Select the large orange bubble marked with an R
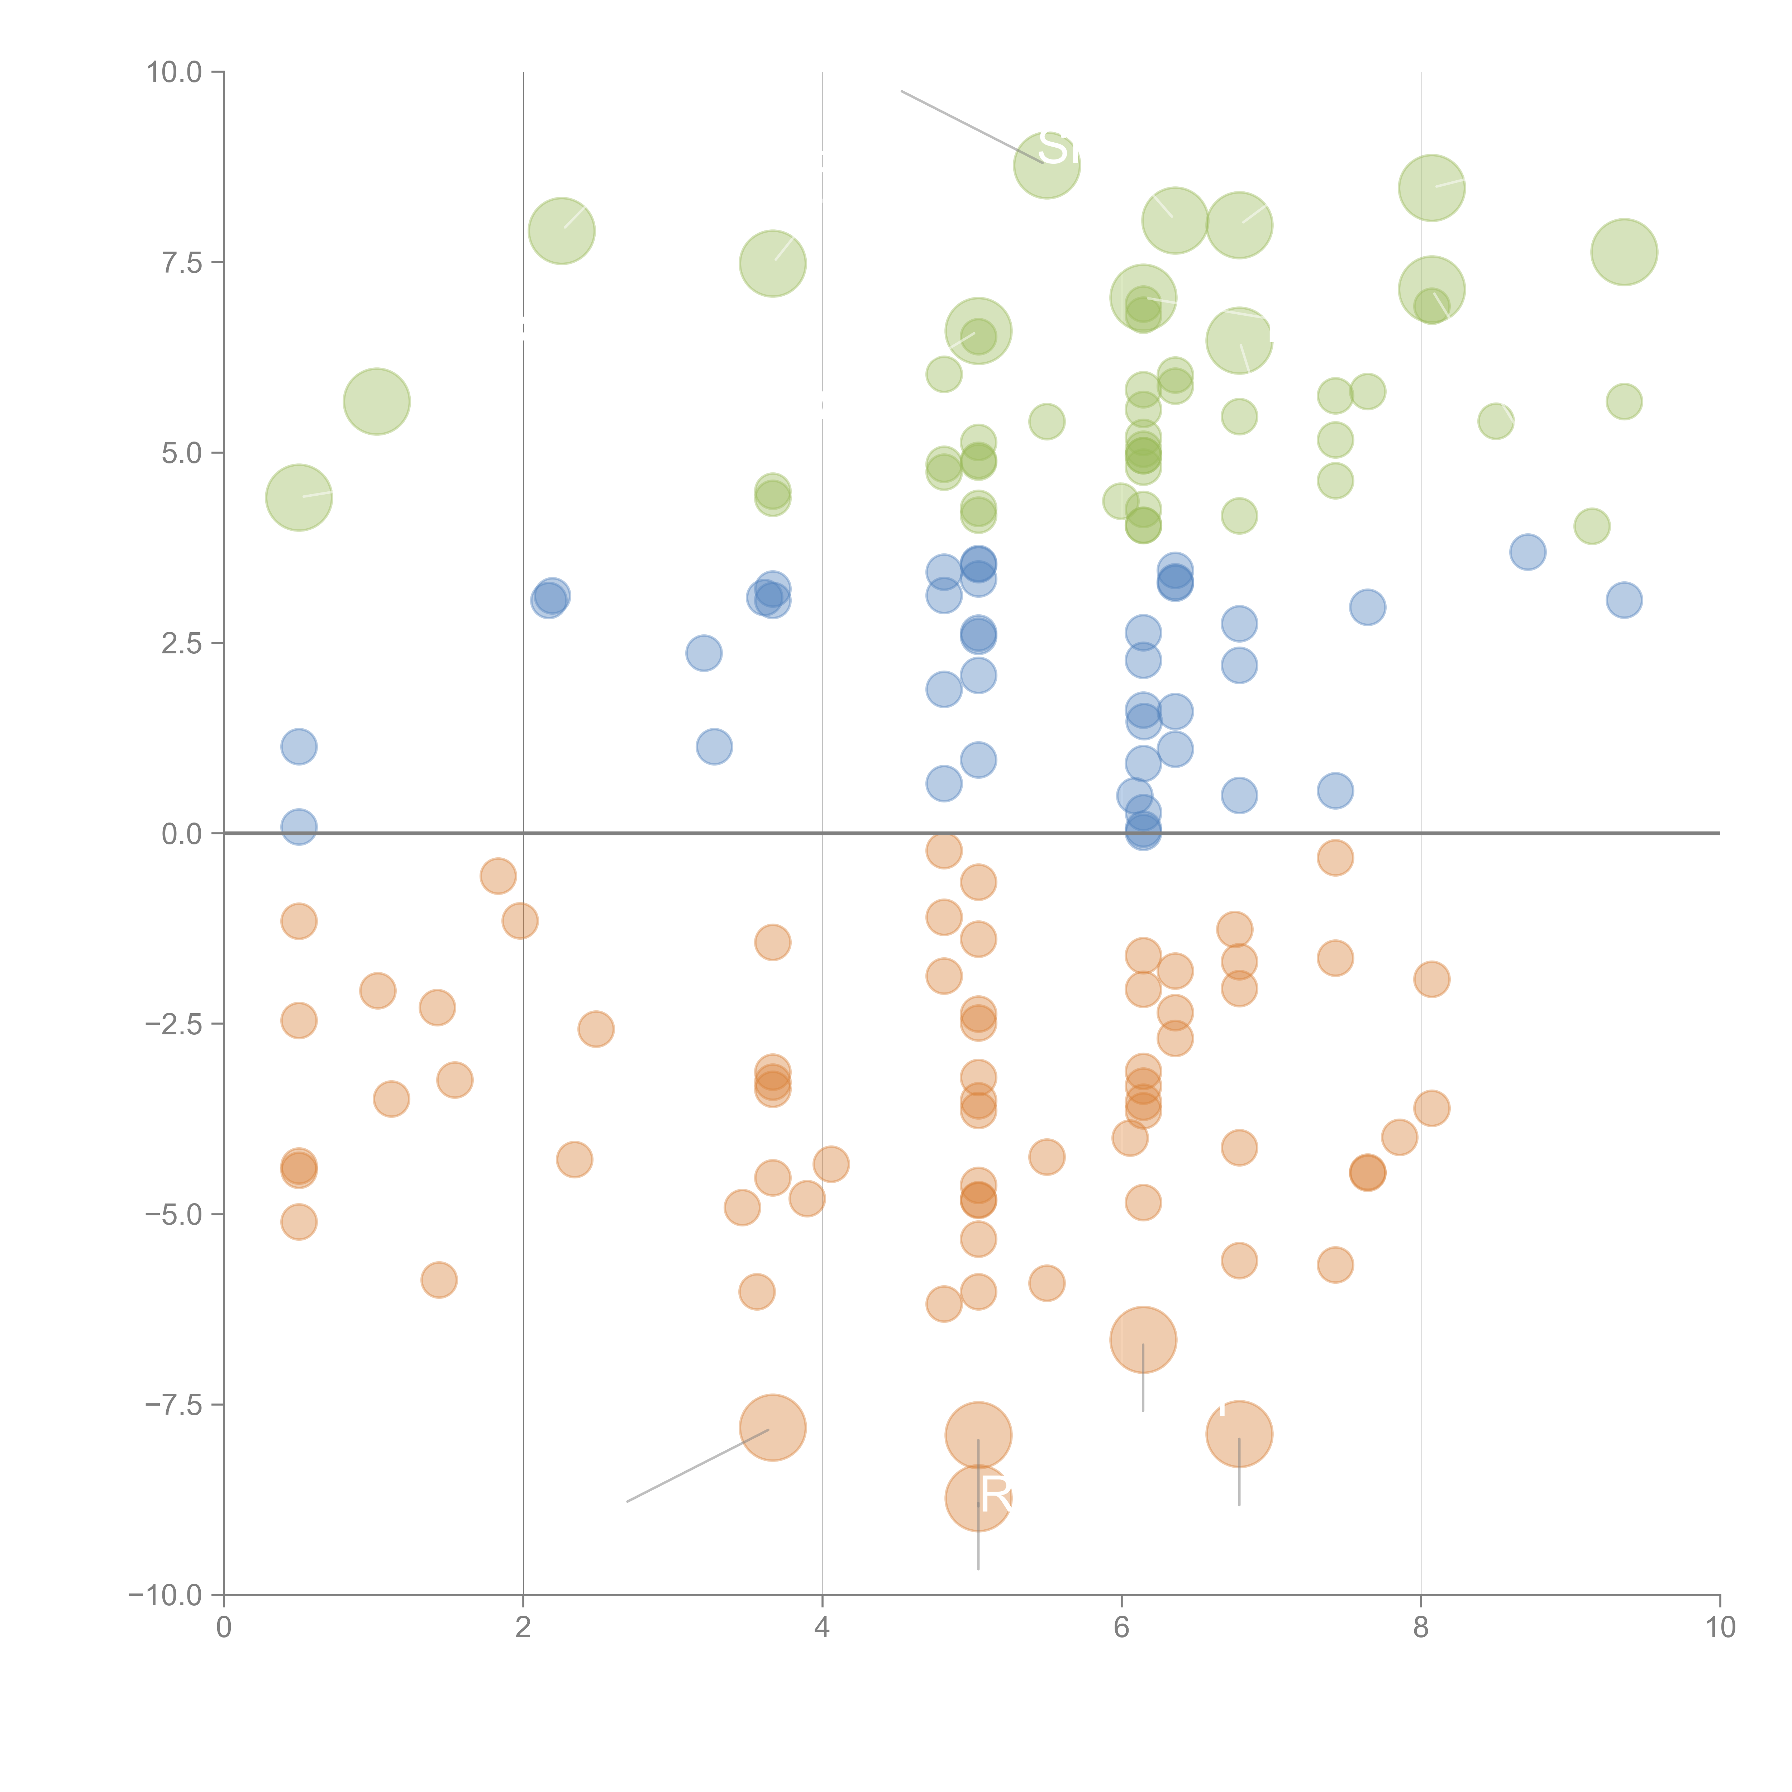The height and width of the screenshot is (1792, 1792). pyautogui.click(x=978, y=1498)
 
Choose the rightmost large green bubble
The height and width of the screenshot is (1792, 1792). pyautogui.click(x=1623, y=252)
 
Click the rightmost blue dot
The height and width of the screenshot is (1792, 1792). pyautogui.click(x=1623, y=600)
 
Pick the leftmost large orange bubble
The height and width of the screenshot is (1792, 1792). pyautogui.click(x=773, y=1428)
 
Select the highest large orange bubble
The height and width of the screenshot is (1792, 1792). pyautogui.click(x=1143, y=1339)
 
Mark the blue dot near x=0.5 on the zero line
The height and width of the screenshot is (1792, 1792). pyautogui.click(x=299, y=826)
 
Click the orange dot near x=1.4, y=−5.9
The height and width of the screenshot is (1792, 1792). pyautogui.click(x=439, y=1280)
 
